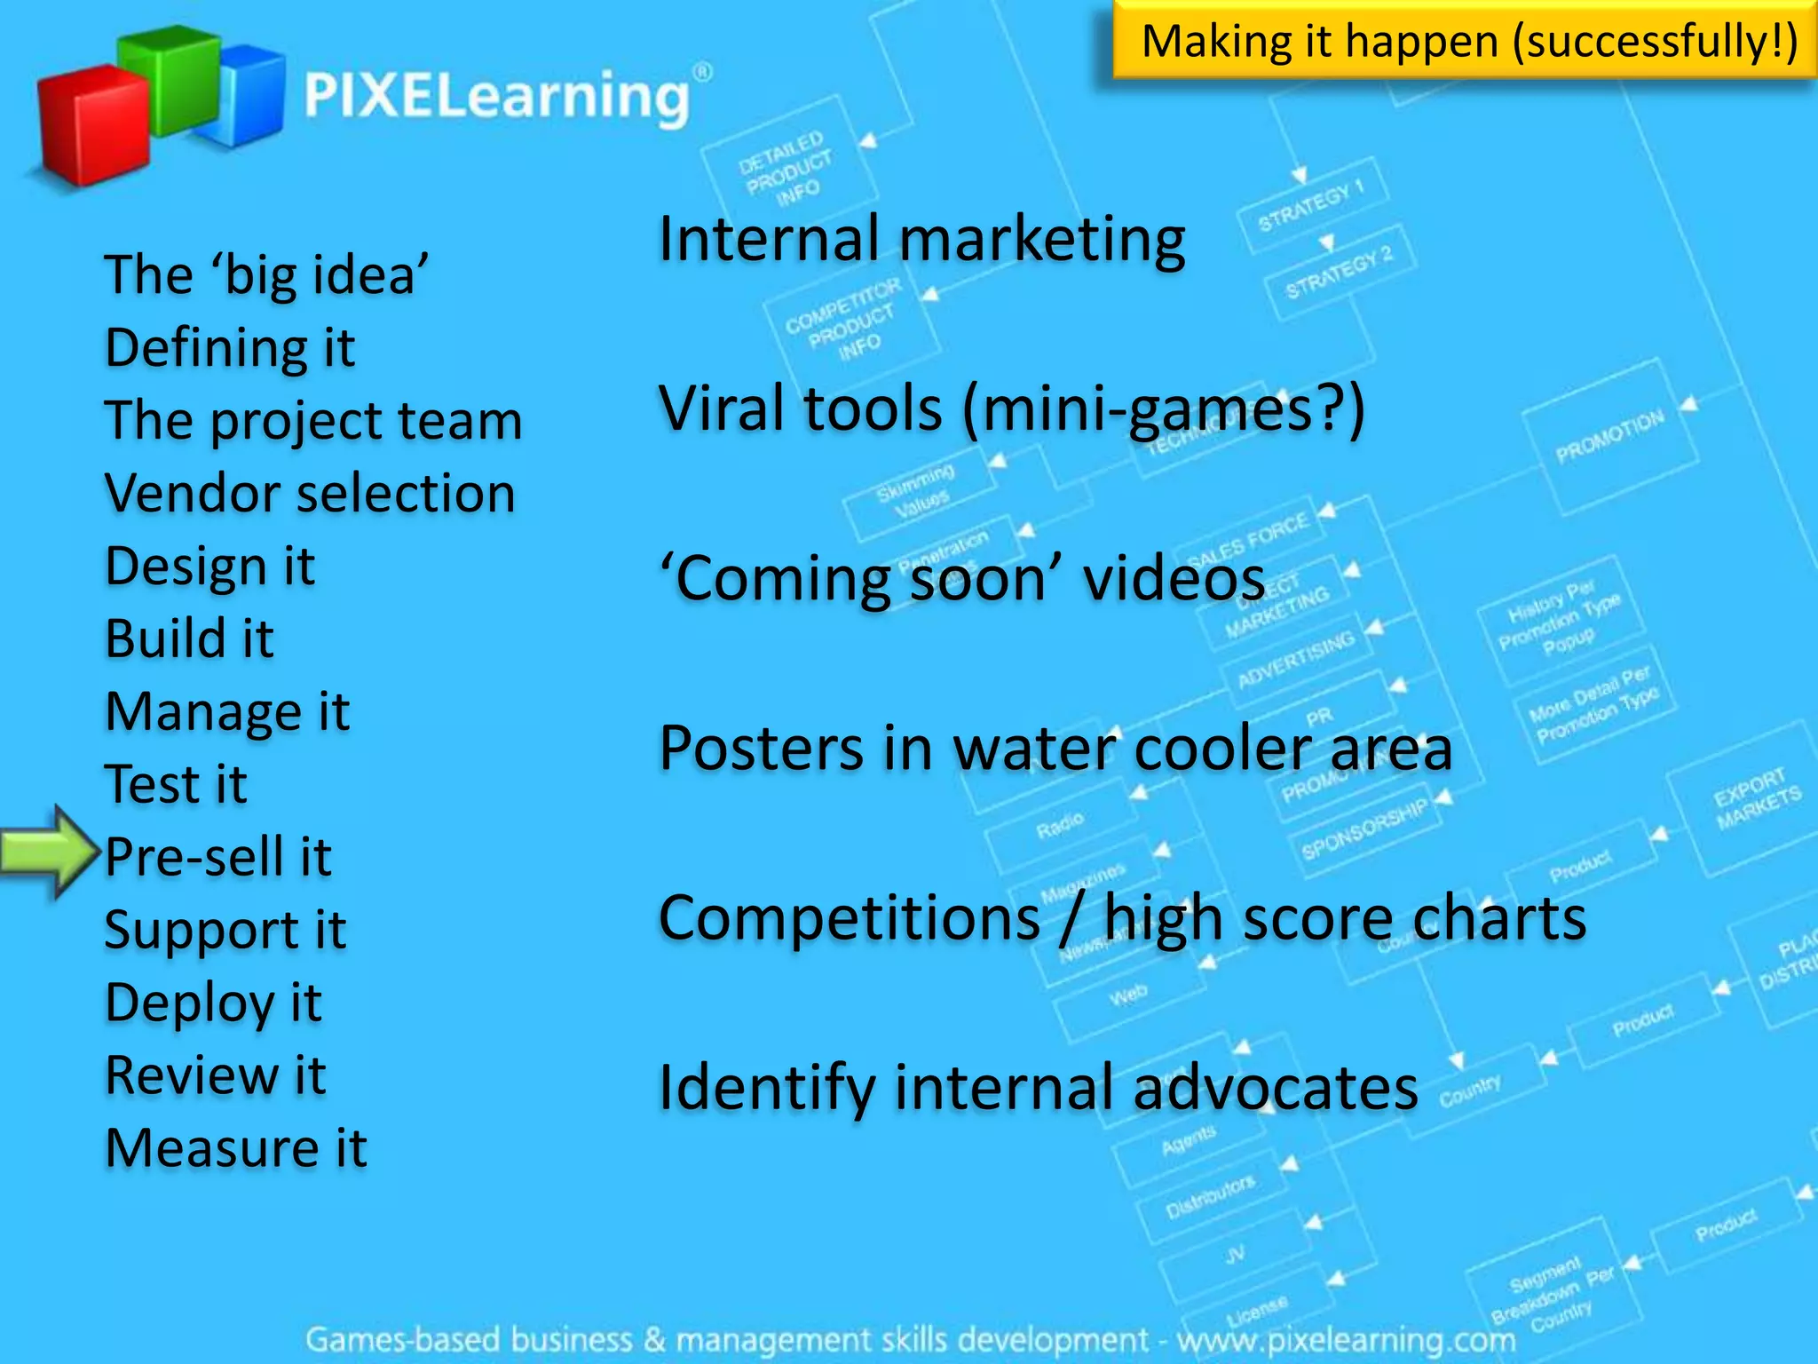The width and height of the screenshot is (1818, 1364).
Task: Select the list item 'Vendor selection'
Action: (x=310, y=493)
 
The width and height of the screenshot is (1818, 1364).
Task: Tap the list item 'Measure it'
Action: (x=235, y=1148)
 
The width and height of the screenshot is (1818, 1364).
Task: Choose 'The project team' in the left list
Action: (x=312, y=420)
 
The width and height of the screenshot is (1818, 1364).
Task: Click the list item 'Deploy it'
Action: (x=213, y=1003)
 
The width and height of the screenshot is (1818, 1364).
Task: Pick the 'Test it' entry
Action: (x=176, y=784)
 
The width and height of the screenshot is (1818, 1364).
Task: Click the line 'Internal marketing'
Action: (x=921, y=240)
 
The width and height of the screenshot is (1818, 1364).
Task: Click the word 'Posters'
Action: (x=761, y=749)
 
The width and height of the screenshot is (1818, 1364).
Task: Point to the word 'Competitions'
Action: (x=850, y=918)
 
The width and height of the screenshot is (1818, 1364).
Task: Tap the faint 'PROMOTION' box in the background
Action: (x=1609, y=437)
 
